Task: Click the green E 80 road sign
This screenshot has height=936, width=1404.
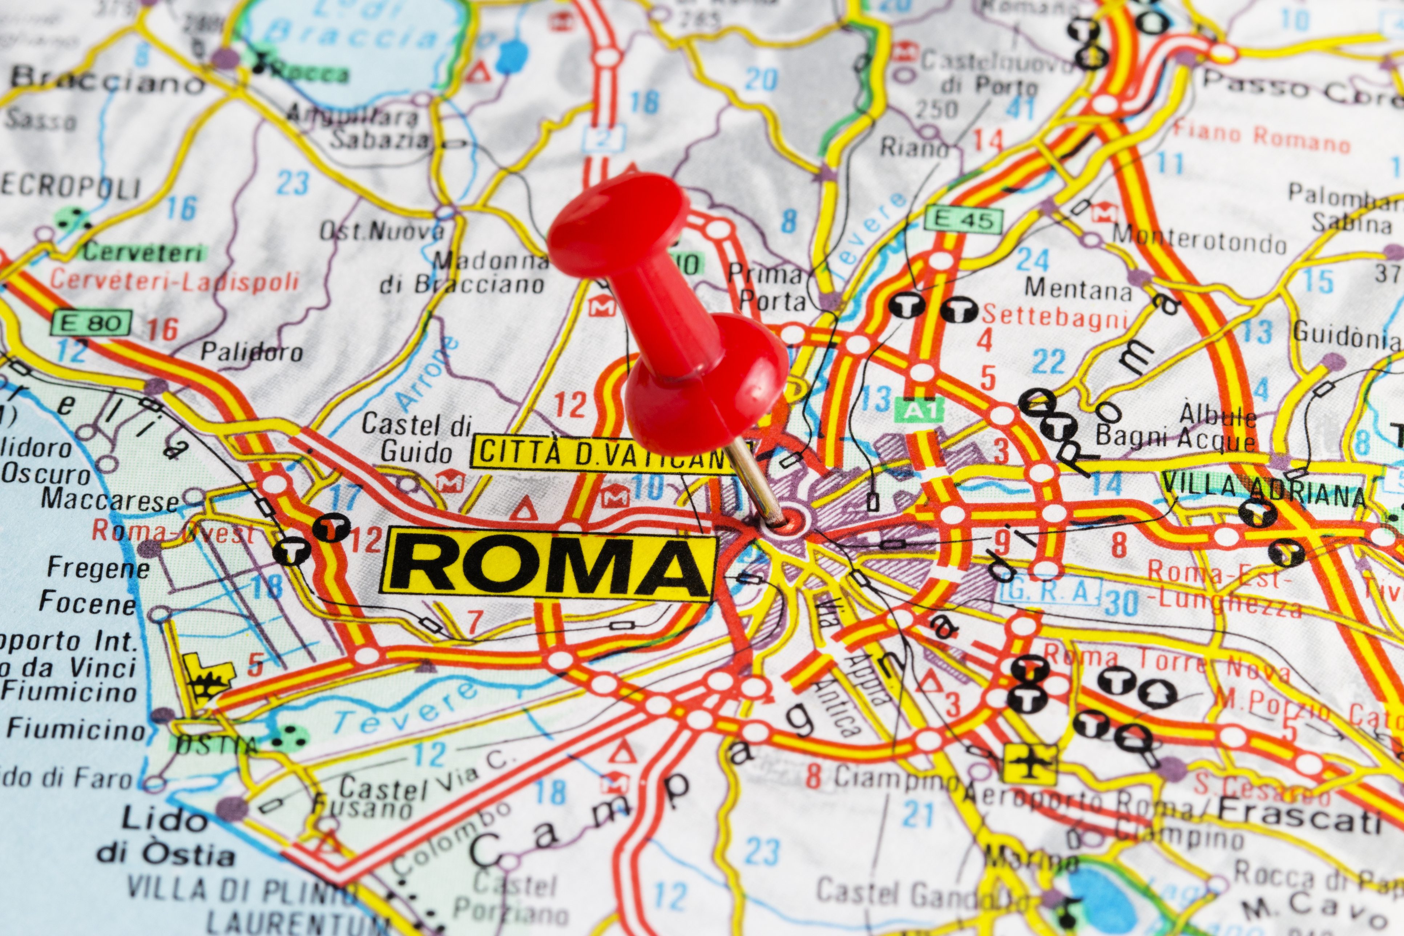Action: [x=91, y=323]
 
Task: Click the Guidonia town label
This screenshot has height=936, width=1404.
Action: [x=1347, y=337]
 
